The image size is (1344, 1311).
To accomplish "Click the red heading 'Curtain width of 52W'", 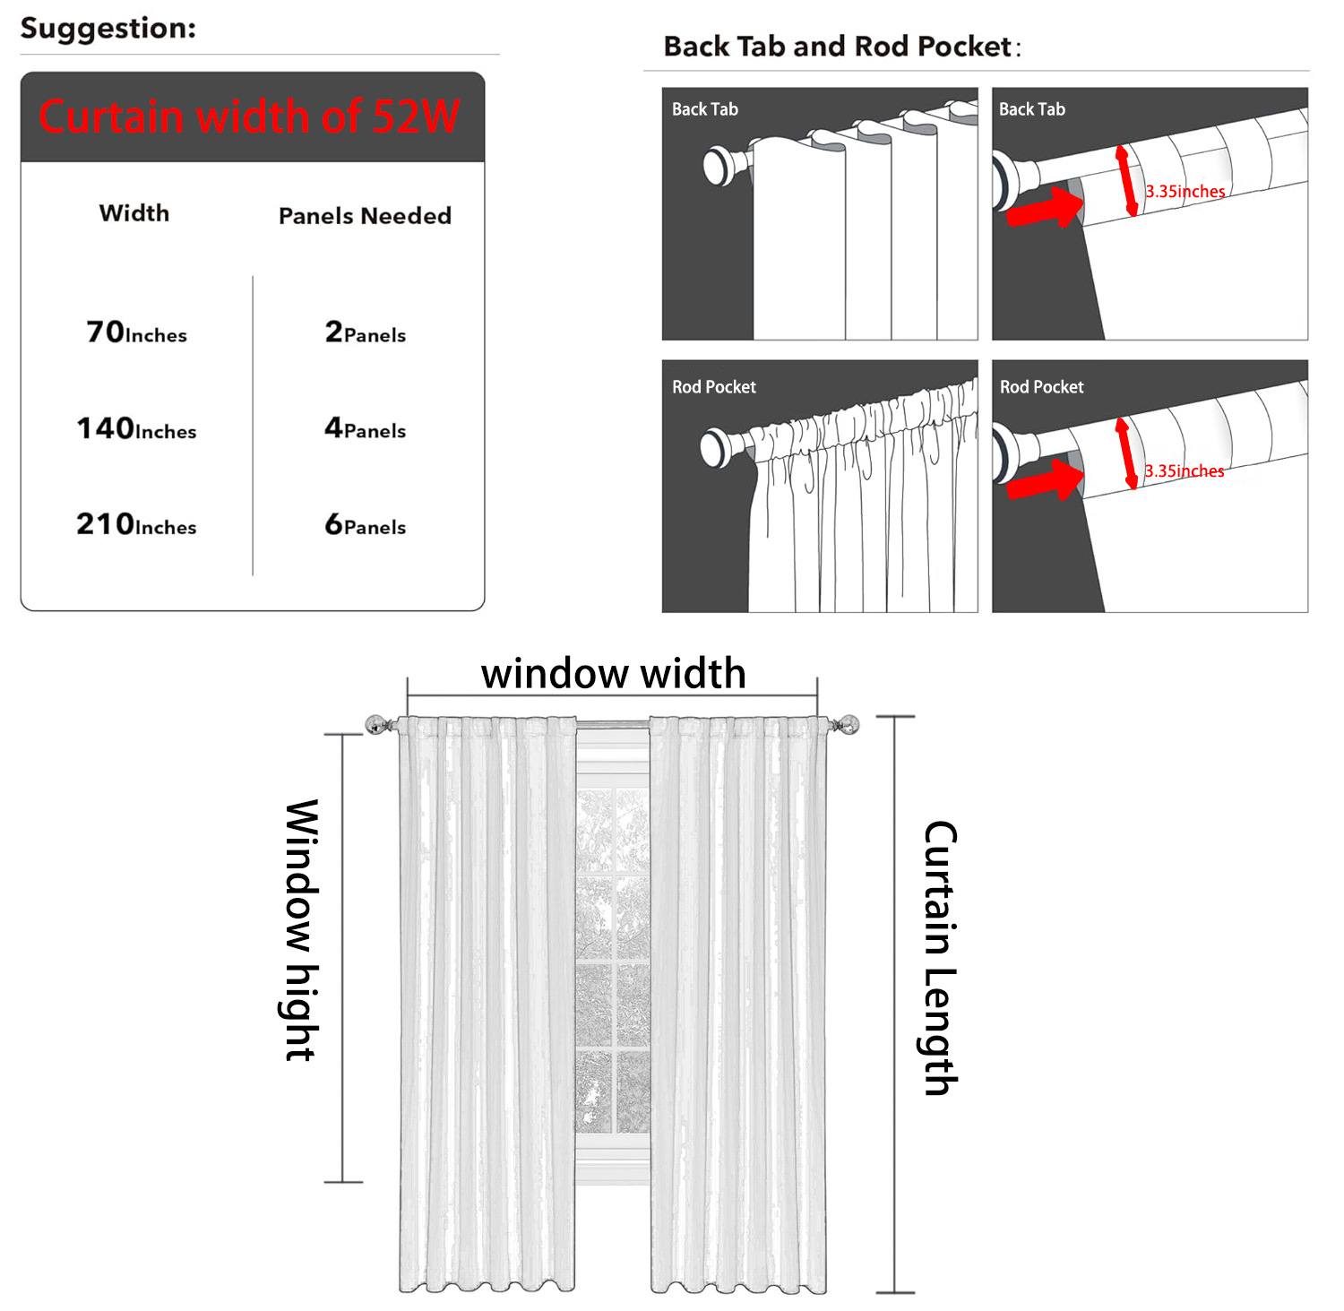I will point(249,116).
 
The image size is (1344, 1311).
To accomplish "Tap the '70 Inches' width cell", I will point(137,332).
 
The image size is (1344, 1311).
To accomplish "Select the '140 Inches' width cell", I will point(136,428).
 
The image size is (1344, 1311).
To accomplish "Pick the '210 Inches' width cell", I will point(136,524).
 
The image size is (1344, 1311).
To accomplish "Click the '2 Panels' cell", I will point(366,332).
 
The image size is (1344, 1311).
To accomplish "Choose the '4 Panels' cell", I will point(366,428).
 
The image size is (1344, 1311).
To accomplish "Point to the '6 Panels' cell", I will point(366,524).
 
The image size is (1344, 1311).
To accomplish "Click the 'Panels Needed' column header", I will point(365,216).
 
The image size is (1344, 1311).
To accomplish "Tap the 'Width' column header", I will point(134,213).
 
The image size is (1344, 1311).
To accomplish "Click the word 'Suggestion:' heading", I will point(108,29).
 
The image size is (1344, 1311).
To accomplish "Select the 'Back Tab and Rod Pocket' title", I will point(838,47).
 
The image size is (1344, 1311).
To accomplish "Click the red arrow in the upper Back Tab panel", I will point(1045,207).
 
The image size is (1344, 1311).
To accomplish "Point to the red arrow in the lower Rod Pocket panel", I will point(1045,480).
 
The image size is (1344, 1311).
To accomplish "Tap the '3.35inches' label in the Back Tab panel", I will point(1185,191).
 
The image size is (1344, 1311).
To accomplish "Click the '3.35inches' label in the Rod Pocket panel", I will point(1184,470).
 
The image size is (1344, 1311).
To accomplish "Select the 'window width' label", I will point(614,674).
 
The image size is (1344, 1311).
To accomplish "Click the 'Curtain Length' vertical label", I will point(941,958).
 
